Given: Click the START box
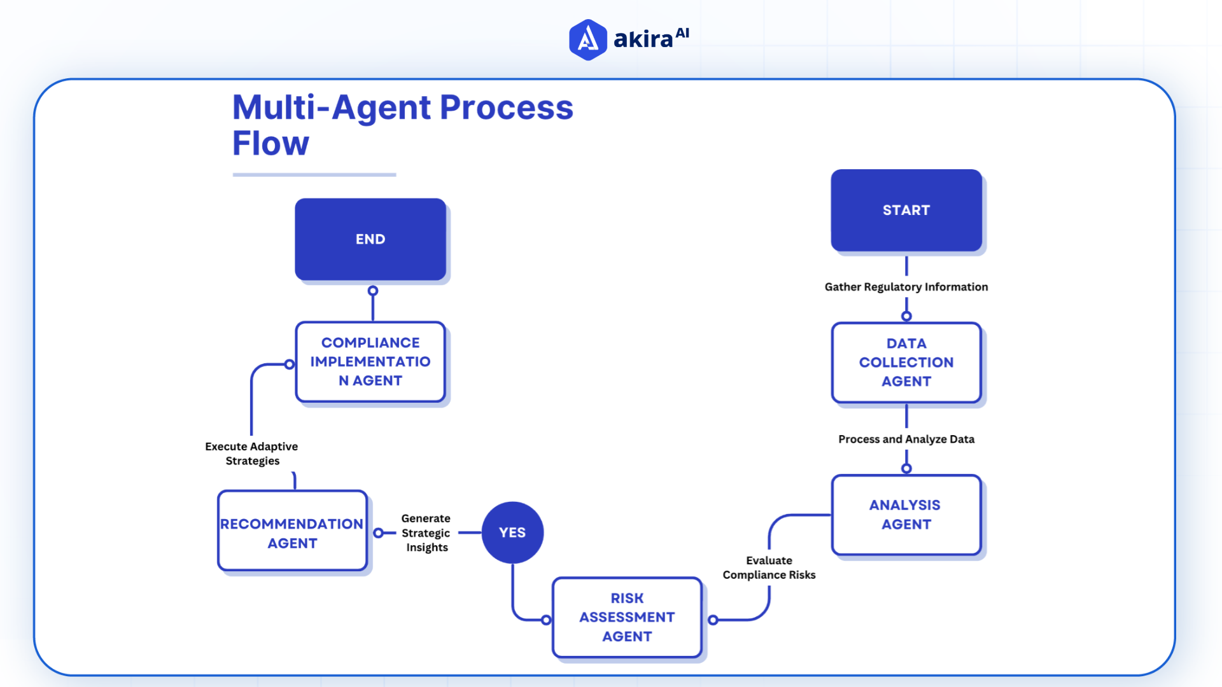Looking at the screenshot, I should click(906, 210).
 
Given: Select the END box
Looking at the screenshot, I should click(370, 239).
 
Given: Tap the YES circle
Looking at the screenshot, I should click(512, 532).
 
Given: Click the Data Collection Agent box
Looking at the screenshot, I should click(906, 363).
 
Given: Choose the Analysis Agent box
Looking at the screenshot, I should click(906, 515).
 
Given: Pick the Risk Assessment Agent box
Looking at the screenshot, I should click(627, 617).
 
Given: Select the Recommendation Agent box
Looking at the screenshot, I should click(292, 533).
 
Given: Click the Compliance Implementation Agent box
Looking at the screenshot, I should click(370, 361).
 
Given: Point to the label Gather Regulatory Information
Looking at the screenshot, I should click(906, 287).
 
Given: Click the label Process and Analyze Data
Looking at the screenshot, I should click(906, 439).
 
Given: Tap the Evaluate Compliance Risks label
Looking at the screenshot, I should click(769, 567).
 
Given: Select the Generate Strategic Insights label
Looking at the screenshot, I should click(426, 533).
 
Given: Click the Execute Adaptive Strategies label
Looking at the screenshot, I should click(251, 454).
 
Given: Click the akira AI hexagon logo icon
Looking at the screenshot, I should click(587, 40).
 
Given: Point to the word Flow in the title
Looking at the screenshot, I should click(270, 143).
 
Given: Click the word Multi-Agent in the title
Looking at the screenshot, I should click(332, 107).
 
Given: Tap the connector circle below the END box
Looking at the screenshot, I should click(373, 291).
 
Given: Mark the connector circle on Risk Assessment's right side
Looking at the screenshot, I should click(713, 620).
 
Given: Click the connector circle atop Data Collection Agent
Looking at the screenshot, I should click(906, 316).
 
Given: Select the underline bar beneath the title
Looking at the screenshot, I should click(314, 174).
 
